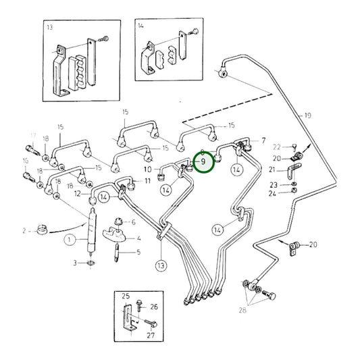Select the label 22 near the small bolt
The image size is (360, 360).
(276, 147)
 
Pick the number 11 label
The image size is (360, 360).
(147, 182)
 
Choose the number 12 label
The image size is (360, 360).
(78, 195)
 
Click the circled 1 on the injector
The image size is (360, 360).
(68, 238)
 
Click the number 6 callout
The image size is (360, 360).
(133, 222)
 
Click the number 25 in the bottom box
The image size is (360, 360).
(125, 297)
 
